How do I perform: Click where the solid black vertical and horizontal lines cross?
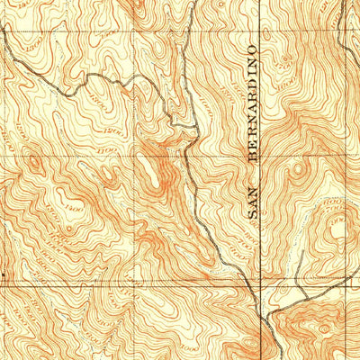tap(260, 285)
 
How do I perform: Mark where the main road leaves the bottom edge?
tap(261, 357)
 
